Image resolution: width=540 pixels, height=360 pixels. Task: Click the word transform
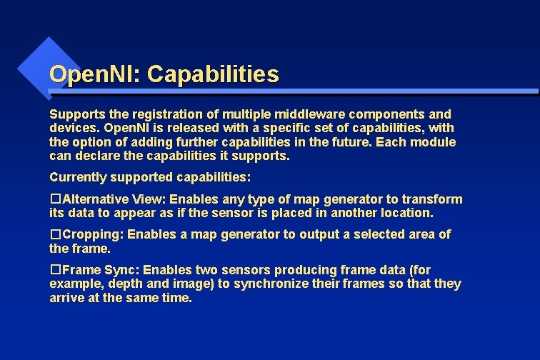[433, 199]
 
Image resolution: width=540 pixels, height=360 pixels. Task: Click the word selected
[381, 234]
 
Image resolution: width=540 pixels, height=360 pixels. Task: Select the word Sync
[109, 270]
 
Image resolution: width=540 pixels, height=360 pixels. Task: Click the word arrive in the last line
[66, 298]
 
